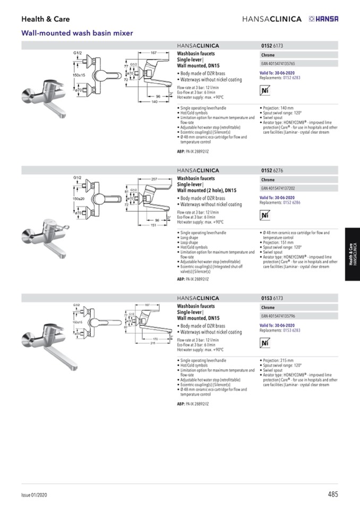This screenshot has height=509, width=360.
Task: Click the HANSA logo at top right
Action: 323,19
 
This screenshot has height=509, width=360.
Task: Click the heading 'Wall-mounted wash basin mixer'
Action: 76,33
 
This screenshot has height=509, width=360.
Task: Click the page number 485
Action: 333,494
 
